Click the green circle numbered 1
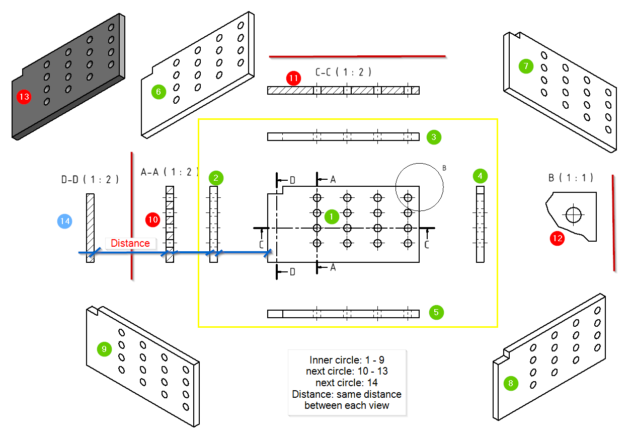pyautogui.click(x=332, y=216)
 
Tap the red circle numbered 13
pyautogui.click(x=24, y=97)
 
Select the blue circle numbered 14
pyautogui.click(x=65, y=221)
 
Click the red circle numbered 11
pyautogui.click(x=293, y=78)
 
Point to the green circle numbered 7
pyautogui.click(x=526, y=66)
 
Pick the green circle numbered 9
pyautogui.click(x=104, y=349)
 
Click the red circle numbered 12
pyautogui.click(x=558, y=238)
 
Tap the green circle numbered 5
pyautogui.click(x=436, y=312)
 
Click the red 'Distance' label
pyautogui.click(x=130, y=243)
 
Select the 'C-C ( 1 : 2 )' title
pyautogui.click(x=343, y=72)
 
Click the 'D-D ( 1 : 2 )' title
pyautogui.click(x=90, y=179)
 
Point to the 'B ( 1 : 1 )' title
pyautogui.click(x=571, y=177)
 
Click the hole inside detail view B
pyautogui.click(x=572, y=215)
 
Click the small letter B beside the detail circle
pyautogui.click(x=444, y=168)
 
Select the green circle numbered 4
pyautogui.click(x=480, y=176)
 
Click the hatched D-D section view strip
pyautogui.click(x=90, y=228)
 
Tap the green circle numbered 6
pyautogui.click(x=159, y=92)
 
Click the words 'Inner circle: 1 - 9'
pyautogui.click(x=347, y=360)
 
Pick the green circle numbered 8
pyautogui.click(x=511, y=384)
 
